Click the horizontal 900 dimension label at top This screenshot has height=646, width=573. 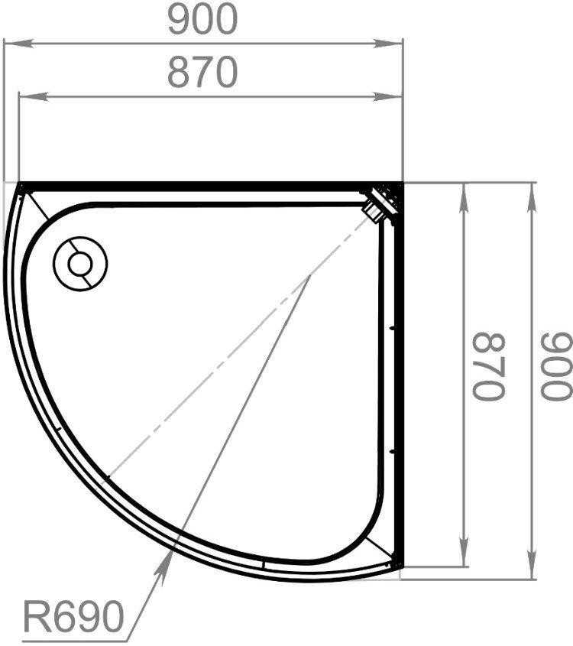coord(203,19)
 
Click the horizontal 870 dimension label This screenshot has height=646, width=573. coord(202,73)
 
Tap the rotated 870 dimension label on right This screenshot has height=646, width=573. coord(489,366)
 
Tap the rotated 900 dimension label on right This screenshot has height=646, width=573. coord(556,366)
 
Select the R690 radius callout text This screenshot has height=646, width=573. coord(73,617)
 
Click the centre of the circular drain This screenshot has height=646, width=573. coord(80,264)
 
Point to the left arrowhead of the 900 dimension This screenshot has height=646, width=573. coord(18,44)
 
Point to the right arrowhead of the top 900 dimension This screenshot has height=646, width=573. coord(388,44)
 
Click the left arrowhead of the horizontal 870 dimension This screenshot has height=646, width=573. coord(34,97)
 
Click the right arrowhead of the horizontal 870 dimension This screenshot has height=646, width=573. coord(388,97)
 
